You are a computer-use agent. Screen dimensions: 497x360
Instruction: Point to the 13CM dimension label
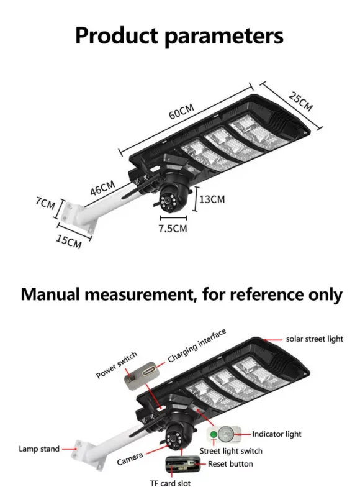point(212,199)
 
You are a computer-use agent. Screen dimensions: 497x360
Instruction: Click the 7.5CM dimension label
point(172,228)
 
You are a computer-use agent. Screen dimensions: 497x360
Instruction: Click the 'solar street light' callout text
point(314,339)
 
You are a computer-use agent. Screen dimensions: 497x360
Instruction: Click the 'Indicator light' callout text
point(276,434)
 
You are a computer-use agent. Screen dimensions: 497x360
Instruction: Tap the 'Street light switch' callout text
point(231,450)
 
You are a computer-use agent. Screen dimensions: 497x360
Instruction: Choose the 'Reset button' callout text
point(230,464)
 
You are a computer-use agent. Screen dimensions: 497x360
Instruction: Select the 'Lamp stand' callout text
point(39,449)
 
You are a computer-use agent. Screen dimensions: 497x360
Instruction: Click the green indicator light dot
point(215,434)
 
